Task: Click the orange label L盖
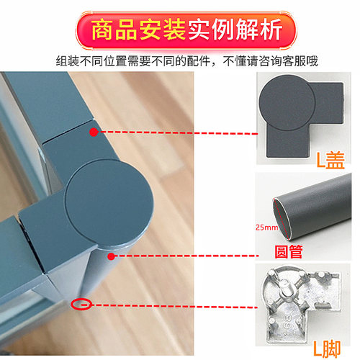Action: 330,160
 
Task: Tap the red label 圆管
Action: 289,251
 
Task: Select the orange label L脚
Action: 327,348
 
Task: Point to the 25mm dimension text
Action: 266,227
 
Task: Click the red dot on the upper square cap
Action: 94,132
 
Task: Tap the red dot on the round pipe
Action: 111,256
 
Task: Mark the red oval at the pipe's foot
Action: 81,305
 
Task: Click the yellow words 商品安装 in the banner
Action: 138,30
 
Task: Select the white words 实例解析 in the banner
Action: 235,30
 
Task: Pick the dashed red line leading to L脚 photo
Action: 169,306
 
